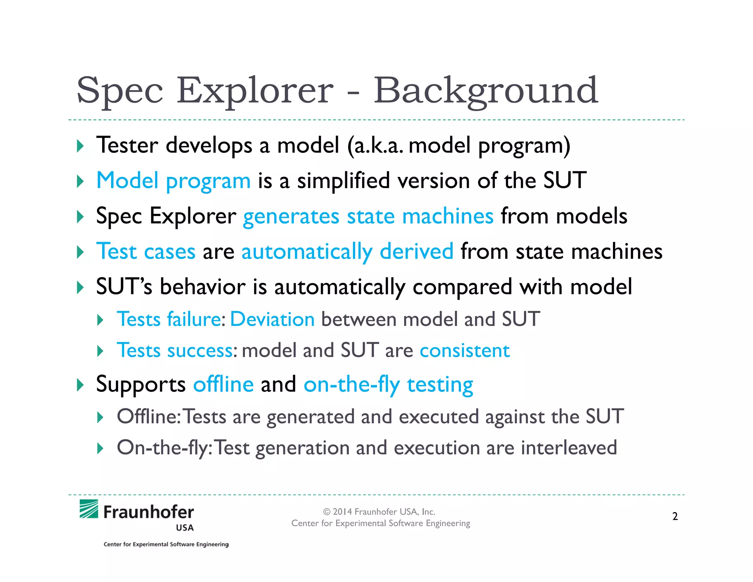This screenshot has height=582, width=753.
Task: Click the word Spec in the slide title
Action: [x=120, y=91]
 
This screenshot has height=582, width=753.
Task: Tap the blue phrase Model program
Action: [x=173, y=181]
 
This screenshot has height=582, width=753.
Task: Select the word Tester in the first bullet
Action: [x=127, y=145]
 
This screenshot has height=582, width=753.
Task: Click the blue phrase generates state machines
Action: [x=368, y=216]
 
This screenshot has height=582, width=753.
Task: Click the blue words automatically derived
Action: [x=347, y=252]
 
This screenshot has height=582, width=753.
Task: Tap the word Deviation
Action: [x=272, y=319]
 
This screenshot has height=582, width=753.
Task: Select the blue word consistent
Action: [x=464, y=350]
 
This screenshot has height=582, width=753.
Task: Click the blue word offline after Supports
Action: [x=224, y=384]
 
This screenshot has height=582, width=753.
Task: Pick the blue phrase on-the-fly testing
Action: [x=388, y=385]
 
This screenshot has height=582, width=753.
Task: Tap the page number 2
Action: [x=675, y=517]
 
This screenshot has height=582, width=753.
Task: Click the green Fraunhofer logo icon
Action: [x=89, y=509]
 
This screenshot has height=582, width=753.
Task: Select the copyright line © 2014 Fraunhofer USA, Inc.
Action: [x=379, y=512]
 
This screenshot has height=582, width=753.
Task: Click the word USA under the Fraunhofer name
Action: [x=185, y=528]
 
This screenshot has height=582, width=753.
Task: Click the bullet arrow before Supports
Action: [x=80, y=385]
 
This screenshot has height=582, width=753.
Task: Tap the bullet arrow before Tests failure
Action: [x=100, y=320]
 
